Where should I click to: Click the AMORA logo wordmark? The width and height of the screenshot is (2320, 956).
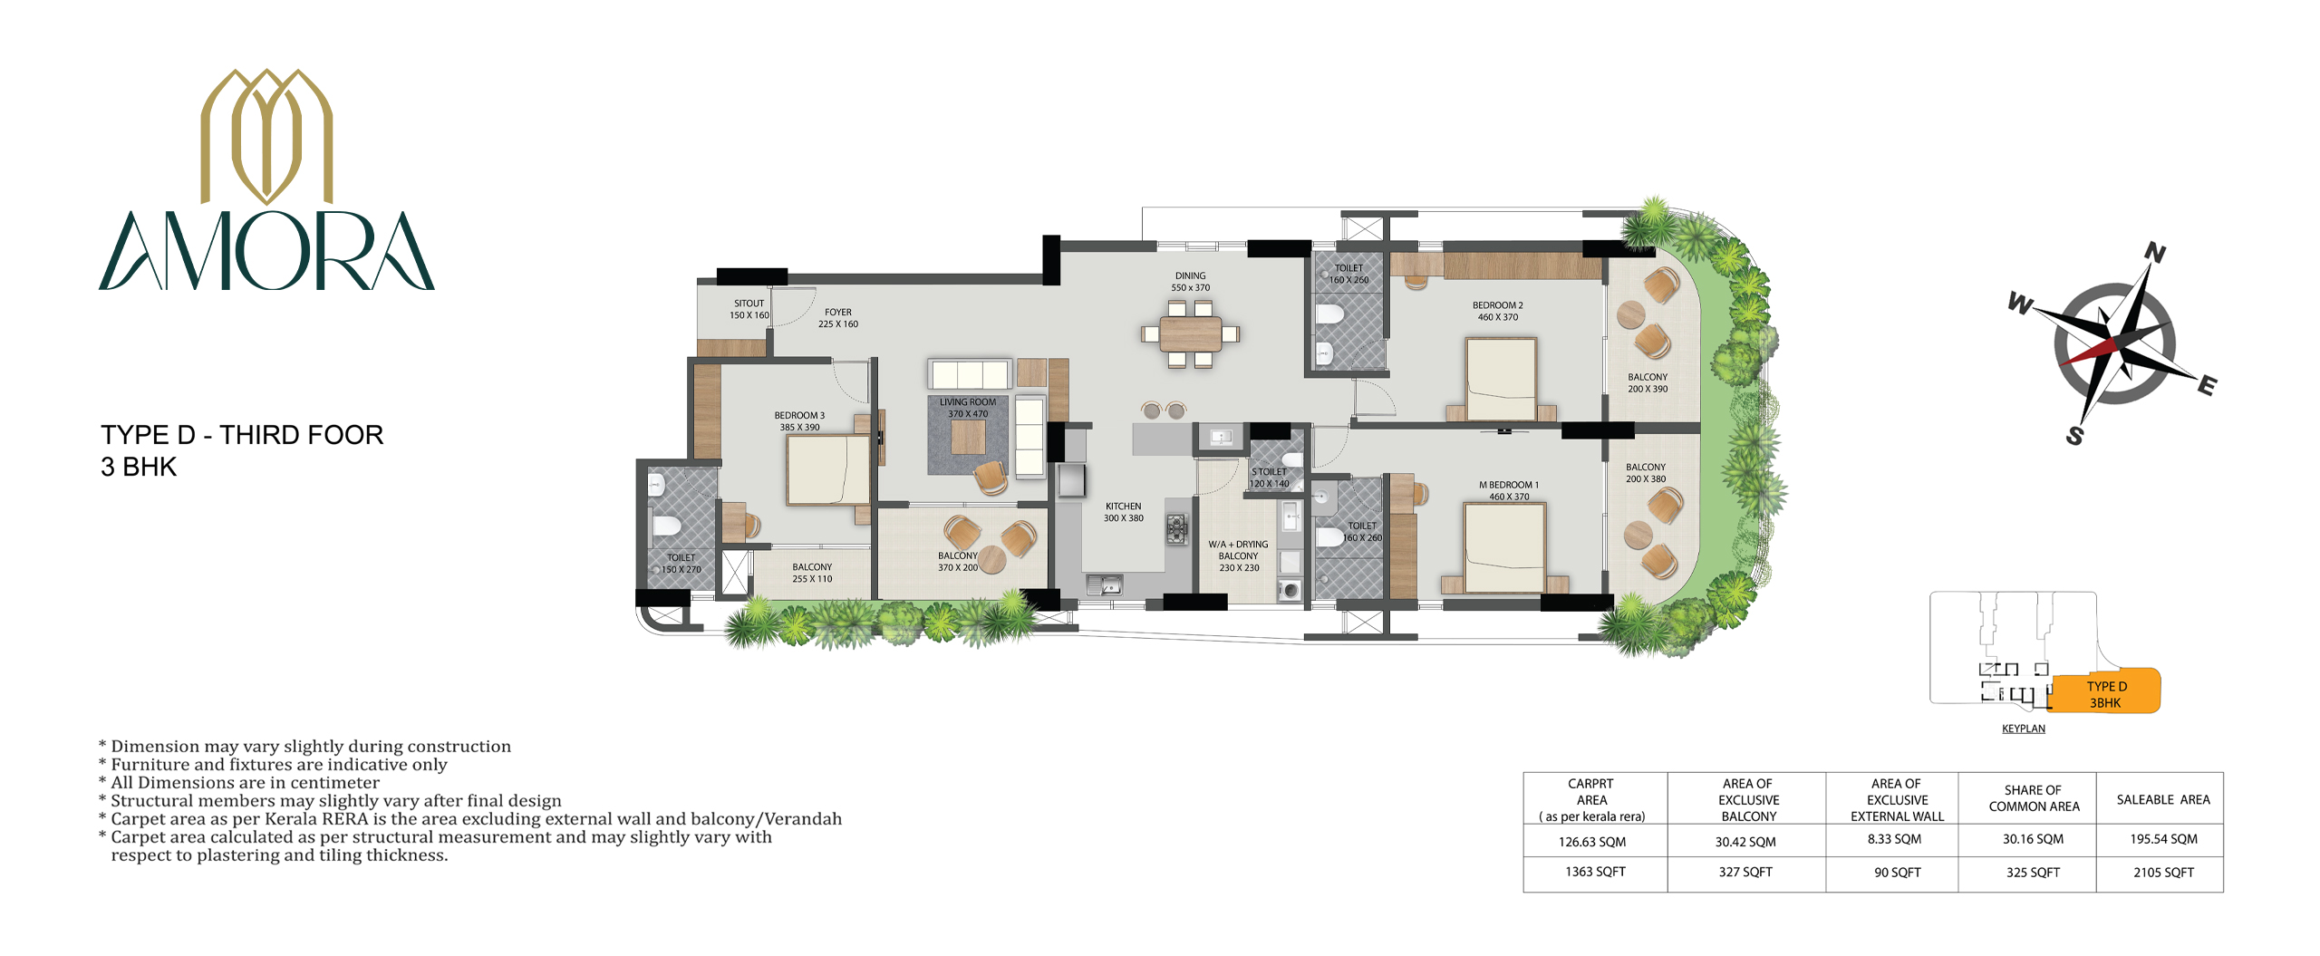[x=266, y=251]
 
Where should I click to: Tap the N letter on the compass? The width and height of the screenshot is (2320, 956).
[x=2155, y=254]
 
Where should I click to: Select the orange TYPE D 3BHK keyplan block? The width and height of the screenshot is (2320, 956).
[x=2105, y=693]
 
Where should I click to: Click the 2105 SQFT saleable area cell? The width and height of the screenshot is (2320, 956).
[x=2163, y=873]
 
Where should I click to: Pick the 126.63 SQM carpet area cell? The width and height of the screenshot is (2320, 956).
[x=1592, y=842]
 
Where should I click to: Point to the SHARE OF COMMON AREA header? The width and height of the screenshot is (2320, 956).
[x=2034, y=798]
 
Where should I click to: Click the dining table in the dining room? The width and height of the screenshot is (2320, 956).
[x=1191, y=333]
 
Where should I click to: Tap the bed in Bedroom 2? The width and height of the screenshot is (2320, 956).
[x=1502, y=379]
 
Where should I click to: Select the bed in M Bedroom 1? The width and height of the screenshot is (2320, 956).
[x=1504, y=547]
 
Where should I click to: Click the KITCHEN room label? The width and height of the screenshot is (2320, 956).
[x=1124, y=512]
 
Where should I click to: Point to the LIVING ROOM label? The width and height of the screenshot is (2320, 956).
[x=968, y=408]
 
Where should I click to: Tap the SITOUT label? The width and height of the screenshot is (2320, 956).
[x=749, y=309]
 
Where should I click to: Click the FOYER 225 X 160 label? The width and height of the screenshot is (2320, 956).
[x=838, y=318]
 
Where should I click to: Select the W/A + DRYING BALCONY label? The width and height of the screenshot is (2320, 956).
[x=1239, y=556]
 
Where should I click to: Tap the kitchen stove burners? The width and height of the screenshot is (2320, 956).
[x=1176, y=528]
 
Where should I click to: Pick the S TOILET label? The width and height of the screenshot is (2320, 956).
[x=1270, y=478]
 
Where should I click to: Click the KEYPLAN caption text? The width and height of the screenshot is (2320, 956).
[x=2024, y=729]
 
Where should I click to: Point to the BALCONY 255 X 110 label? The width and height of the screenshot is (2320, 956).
[x=812, y=573]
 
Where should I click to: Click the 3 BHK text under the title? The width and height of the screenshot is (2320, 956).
[x=139, y=467]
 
